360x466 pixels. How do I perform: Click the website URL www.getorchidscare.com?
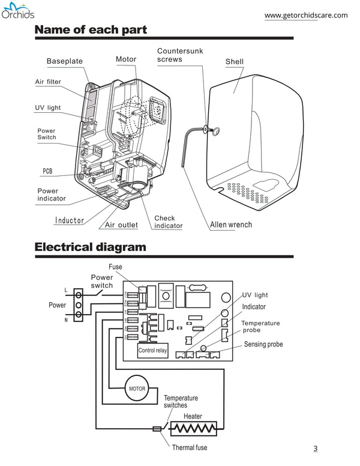click(x=305, y=16)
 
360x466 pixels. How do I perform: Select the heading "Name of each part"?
click(x=91, y=29)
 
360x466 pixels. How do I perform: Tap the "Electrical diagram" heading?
click(x=90, y=247)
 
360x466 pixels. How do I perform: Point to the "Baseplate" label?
click(x=65, y=61)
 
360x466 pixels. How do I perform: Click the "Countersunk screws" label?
click(x=180, y=55)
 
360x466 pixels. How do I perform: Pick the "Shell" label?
click(x=234, y=62)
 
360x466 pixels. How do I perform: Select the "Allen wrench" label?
click(x=231, y=225)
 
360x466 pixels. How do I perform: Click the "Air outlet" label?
click(x=121, y=225)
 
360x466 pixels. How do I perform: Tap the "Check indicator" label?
click(x=168, y=222)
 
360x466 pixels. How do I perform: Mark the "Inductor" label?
click(x=70, y=220)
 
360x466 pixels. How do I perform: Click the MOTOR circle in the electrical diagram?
click(x=137, y=389)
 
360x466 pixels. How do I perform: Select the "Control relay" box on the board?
click(x=153, y=350)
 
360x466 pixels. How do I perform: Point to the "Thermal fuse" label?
click(x=189, y=448)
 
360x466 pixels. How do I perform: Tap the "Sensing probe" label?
click(x=263, y=345)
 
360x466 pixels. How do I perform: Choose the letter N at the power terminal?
click(x=65, y=321)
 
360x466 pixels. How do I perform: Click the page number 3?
click(x=316, y=448)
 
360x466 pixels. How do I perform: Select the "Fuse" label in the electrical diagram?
click(x=116, y=267)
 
